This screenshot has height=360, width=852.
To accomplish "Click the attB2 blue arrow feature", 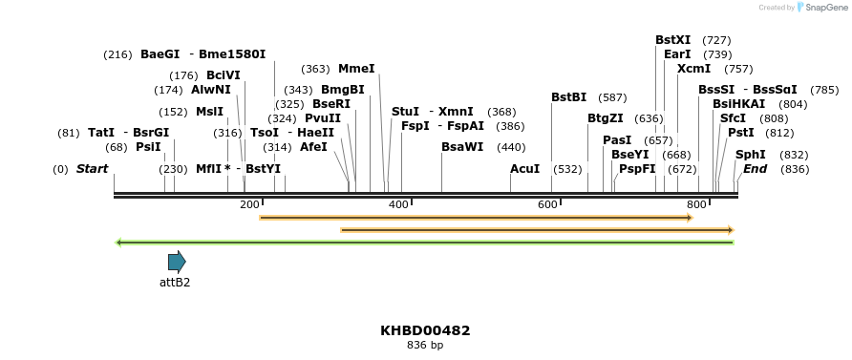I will pos(177,262).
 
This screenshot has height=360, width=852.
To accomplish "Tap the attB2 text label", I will pos(175,283).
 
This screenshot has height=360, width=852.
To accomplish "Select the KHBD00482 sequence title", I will pos(425,330).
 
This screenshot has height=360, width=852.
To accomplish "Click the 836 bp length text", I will pos(425,346).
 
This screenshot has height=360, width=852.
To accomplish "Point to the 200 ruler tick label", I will pos(249,204).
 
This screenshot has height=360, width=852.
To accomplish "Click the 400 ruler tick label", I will pos(398,204).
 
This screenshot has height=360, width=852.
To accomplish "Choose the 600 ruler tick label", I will pos(547,204).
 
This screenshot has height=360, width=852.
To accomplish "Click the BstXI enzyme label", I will pos(672,40).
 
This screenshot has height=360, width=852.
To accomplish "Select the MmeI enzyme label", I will pos(356,69).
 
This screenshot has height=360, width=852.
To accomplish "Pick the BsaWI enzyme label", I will pos(463,147).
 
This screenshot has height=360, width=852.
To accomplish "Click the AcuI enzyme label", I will pos(525,169).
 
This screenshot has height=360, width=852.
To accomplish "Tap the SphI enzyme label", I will pos(750,154).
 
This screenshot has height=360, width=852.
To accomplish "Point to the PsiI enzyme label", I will pos(148,147).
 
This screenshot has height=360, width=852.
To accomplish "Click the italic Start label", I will pos(92,169).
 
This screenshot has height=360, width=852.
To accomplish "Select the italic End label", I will pos(755,169).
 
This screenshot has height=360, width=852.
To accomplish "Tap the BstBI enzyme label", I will pos(568,97).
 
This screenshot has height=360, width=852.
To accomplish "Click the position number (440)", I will pos(511,147).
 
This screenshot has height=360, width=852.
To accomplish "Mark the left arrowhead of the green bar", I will pos(118,243).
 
